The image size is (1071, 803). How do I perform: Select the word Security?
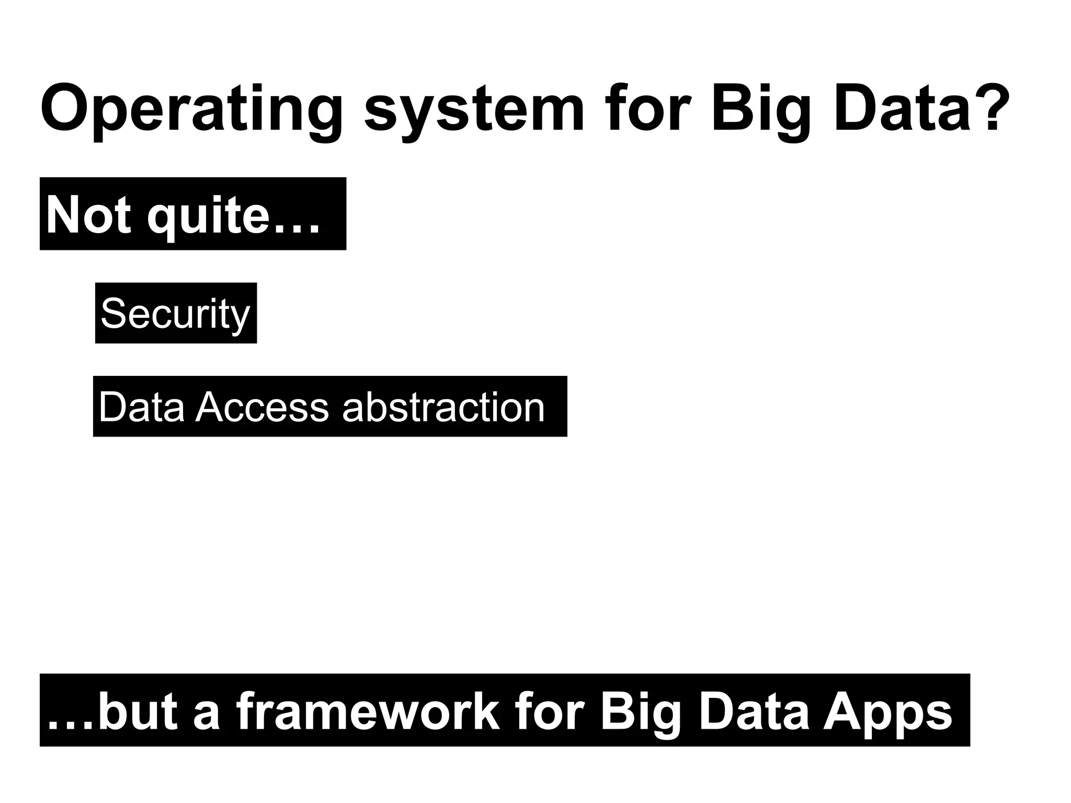click(175, 313)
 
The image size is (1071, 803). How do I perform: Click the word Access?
click(262, 407)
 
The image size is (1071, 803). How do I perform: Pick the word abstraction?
click(443, 407)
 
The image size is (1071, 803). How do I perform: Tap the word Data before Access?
click(141, 407)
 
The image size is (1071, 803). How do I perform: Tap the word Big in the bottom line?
click(641, 712)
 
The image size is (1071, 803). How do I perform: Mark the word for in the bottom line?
click(549, 712)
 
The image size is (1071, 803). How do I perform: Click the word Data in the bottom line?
click(754, 712)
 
